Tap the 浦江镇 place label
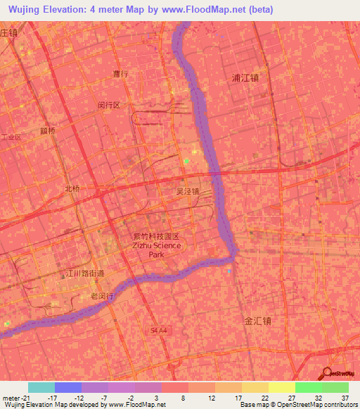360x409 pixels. point(245,78)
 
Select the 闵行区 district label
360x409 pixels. point(110,105)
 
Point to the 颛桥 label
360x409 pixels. point(48,131)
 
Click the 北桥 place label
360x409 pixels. point(73,188)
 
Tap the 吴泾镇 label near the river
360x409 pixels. point(188,190)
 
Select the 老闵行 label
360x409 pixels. point(102,297)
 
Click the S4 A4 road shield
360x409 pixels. point(160,329)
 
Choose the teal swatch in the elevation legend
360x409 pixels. point(41,387)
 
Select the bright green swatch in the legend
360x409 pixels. point(309,387)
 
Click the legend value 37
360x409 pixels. point(345,397)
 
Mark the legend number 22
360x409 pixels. point(264,397)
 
